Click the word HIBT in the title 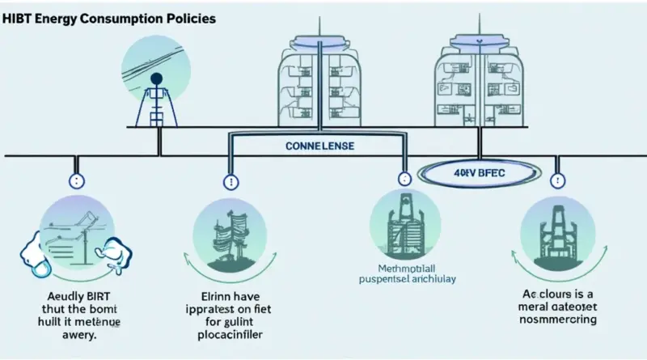17,18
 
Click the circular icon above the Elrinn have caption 229,231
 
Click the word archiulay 432,279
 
